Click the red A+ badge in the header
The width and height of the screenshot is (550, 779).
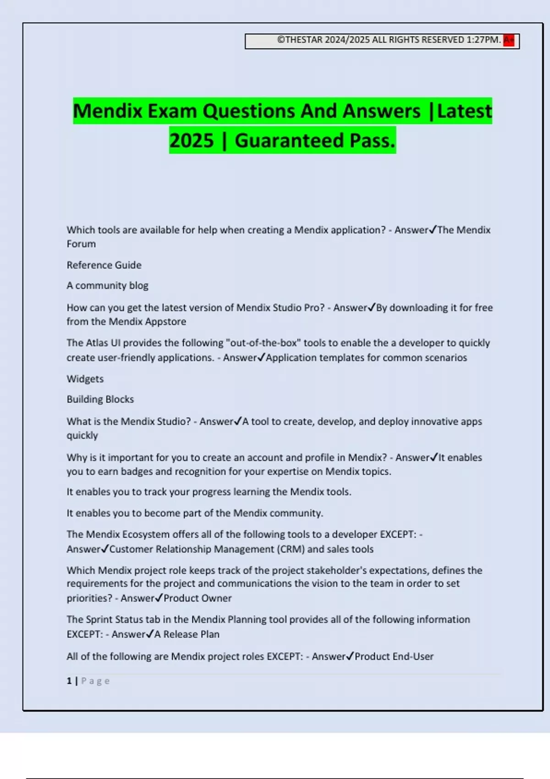(509, 40)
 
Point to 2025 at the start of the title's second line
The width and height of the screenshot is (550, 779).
(192, 141)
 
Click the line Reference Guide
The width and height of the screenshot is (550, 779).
(104, 265)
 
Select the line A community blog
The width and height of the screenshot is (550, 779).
(107, 285)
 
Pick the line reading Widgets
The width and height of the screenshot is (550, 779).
(85, 379)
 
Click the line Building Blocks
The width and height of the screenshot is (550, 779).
(100, 399)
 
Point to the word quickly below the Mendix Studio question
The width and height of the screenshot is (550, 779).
(82, 435)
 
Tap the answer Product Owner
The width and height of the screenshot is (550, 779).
(198, 598)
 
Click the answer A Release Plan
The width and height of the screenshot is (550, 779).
(187, 634)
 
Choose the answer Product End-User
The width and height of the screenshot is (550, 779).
(394, 656)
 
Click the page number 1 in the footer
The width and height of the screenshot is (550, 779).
(69, 681)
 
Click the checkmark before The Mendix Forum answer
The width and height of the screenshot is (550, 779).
(433, 230)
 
